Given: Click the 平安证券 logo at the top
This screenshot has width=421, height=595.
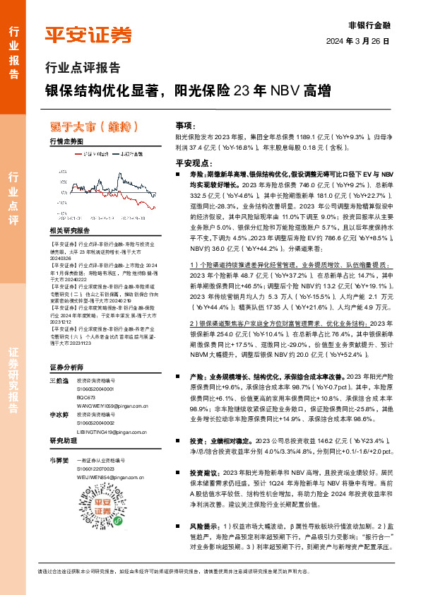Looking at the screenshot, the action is coord(88,35).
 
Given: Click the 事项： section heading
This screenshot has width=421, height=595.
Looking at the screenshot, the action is coord(184,124).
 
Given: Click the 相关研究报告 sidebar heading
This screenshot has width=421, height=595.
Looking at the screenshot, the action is coord(70,231).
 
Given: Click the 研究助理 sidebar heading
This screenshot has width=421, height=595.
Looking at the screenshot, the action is coord(64,441).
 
